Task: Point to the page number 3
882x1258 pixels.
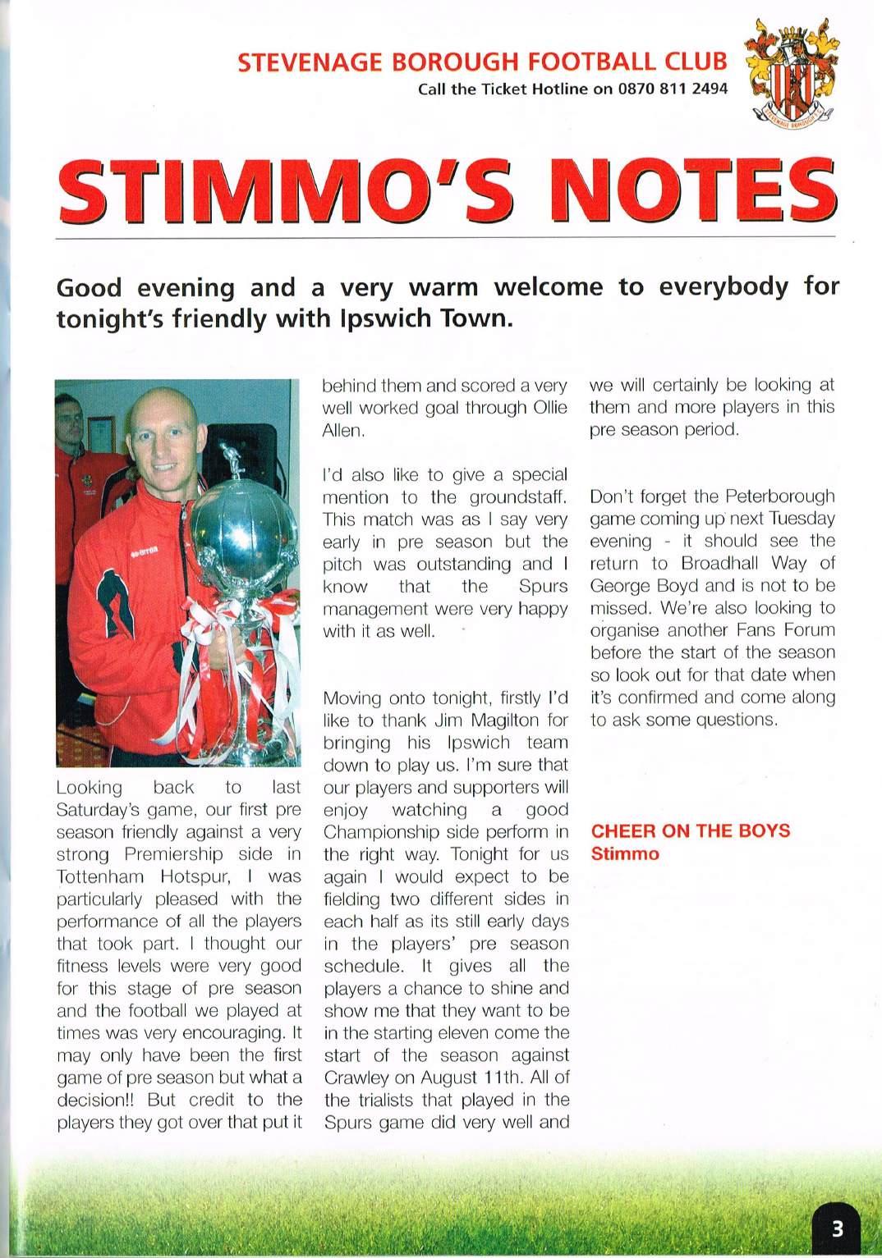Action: [837, 1228]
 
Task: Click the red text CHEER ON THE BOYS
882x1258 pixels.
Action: [691, 830]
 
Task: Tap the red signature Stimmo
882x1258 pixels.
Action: [625, 853]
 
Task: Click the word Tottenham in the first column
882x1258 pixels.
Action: [100, 876]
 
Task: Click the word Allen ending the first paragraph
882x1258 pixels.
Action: [342, 430]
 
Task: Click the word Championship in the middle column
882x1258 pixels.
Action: [381, 832]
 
